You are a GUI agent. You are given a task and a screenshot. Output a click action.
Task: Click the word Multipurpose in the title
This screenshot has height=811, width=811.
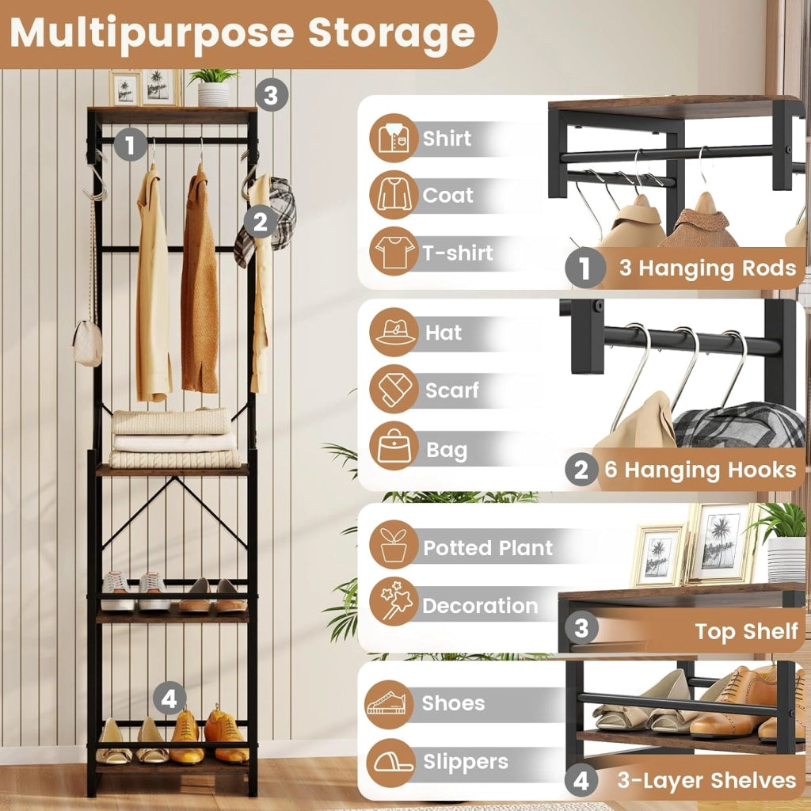(x=153, y=34)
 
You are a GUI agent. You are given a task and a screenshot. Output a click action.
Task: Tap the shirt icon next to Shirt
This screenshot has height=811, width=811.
(x=394, y=138)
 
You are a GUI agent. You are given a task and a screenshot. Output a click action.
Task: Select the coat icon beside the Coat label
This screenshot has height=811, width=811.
(x=394, y=195)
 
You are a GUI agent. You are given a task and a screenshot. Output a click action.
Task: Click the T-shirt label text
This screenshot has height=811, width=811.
(x=457, y=253)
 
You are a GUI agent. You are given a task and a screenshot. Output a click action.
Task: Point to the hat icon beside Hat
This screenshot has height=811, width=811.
(x=394, y=332)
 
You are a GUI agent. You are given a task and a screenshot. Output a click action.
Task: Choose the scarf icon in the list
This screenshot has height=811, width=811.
(x=394, y=389)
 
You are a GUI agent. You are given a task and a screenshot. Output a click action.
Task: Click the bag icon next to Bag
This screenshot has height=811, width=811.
(x=394, y=446)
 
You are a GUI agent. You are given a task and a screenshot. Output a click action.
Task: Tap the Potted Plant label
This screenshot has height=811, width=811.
(x=488, y=548)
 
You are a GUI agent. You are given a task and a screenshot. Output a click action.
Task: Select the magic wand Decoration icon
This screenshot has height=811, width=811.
(x=394, y=602)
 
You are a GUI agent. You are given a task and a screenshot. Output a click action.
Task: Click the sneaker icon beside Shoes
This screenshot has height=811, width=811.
(x=389, y=704)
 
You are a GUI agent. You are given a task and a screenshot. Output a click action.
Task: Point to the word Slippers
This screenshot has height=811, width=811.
(x=466, y=763)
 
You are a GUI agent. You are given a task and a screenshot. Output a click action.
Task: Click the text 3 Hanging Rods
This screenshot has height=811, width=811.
(x=707, y=268)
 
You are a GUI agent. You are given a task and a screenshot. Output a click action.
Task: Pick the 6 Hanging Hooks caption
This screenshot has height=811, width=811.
(x=700, y=470)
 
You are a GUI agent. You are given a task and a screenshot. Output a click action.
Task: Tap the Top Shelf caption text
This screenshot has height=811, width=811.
(x=746, y=631)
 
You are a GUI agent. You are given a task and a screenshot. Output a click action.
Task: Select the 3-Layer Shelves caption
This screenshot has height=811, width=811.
(x=706, y=780)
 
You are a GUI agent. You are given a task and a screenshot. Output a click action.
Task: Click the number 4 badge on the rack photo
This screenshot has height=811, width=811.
(x=169, y=699)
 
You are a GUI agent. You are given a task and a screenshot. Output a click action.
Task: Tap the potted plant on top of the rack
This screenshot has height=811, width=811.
(x=213, y=87)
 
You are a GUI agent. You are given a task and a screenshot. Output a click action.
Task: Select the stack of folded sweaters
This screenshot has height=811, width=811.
(x=174, y=439)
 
